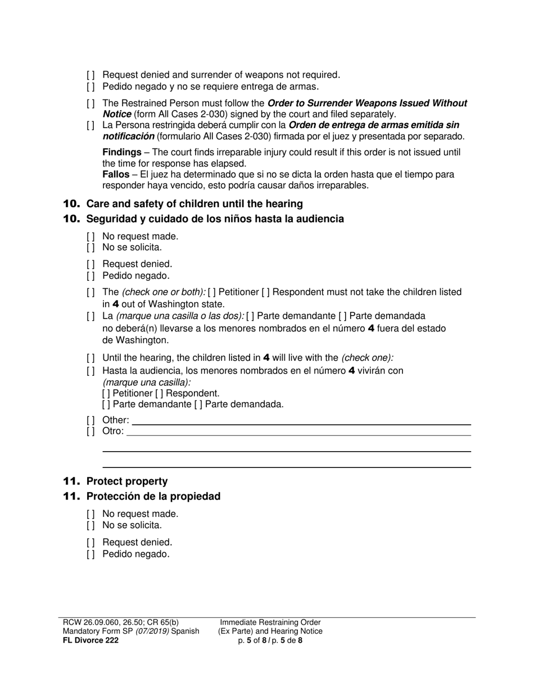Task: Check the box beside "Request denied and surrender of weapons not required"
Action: (x=90, y=75)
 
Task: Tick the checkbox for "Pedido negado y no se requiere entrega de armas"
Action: (x=90, y=87)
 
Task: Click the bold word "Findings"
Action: (x=121, y=152)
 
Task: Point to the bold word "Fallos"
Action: (x=116, y=175)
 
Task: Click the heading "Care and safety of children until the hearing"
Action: (x=194, y=203)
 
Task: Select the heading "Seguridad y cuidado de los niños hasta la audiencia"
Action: (x=215, y=219)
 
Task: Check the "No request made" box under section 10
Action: (x=90, y=237)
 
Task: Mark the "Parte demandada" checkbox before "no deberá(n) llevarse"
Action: (x=343, y=316)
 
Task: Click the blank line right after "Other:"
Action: (x=301, y=421)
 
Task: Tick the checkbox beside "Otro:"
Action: (x=90, y=431)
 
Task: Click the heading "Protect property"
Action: (x=127, y=481)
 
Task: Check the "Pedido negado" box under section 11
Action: (x=90, y=554)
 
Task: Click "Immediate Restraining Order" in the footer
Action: (x=270, y=622)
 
